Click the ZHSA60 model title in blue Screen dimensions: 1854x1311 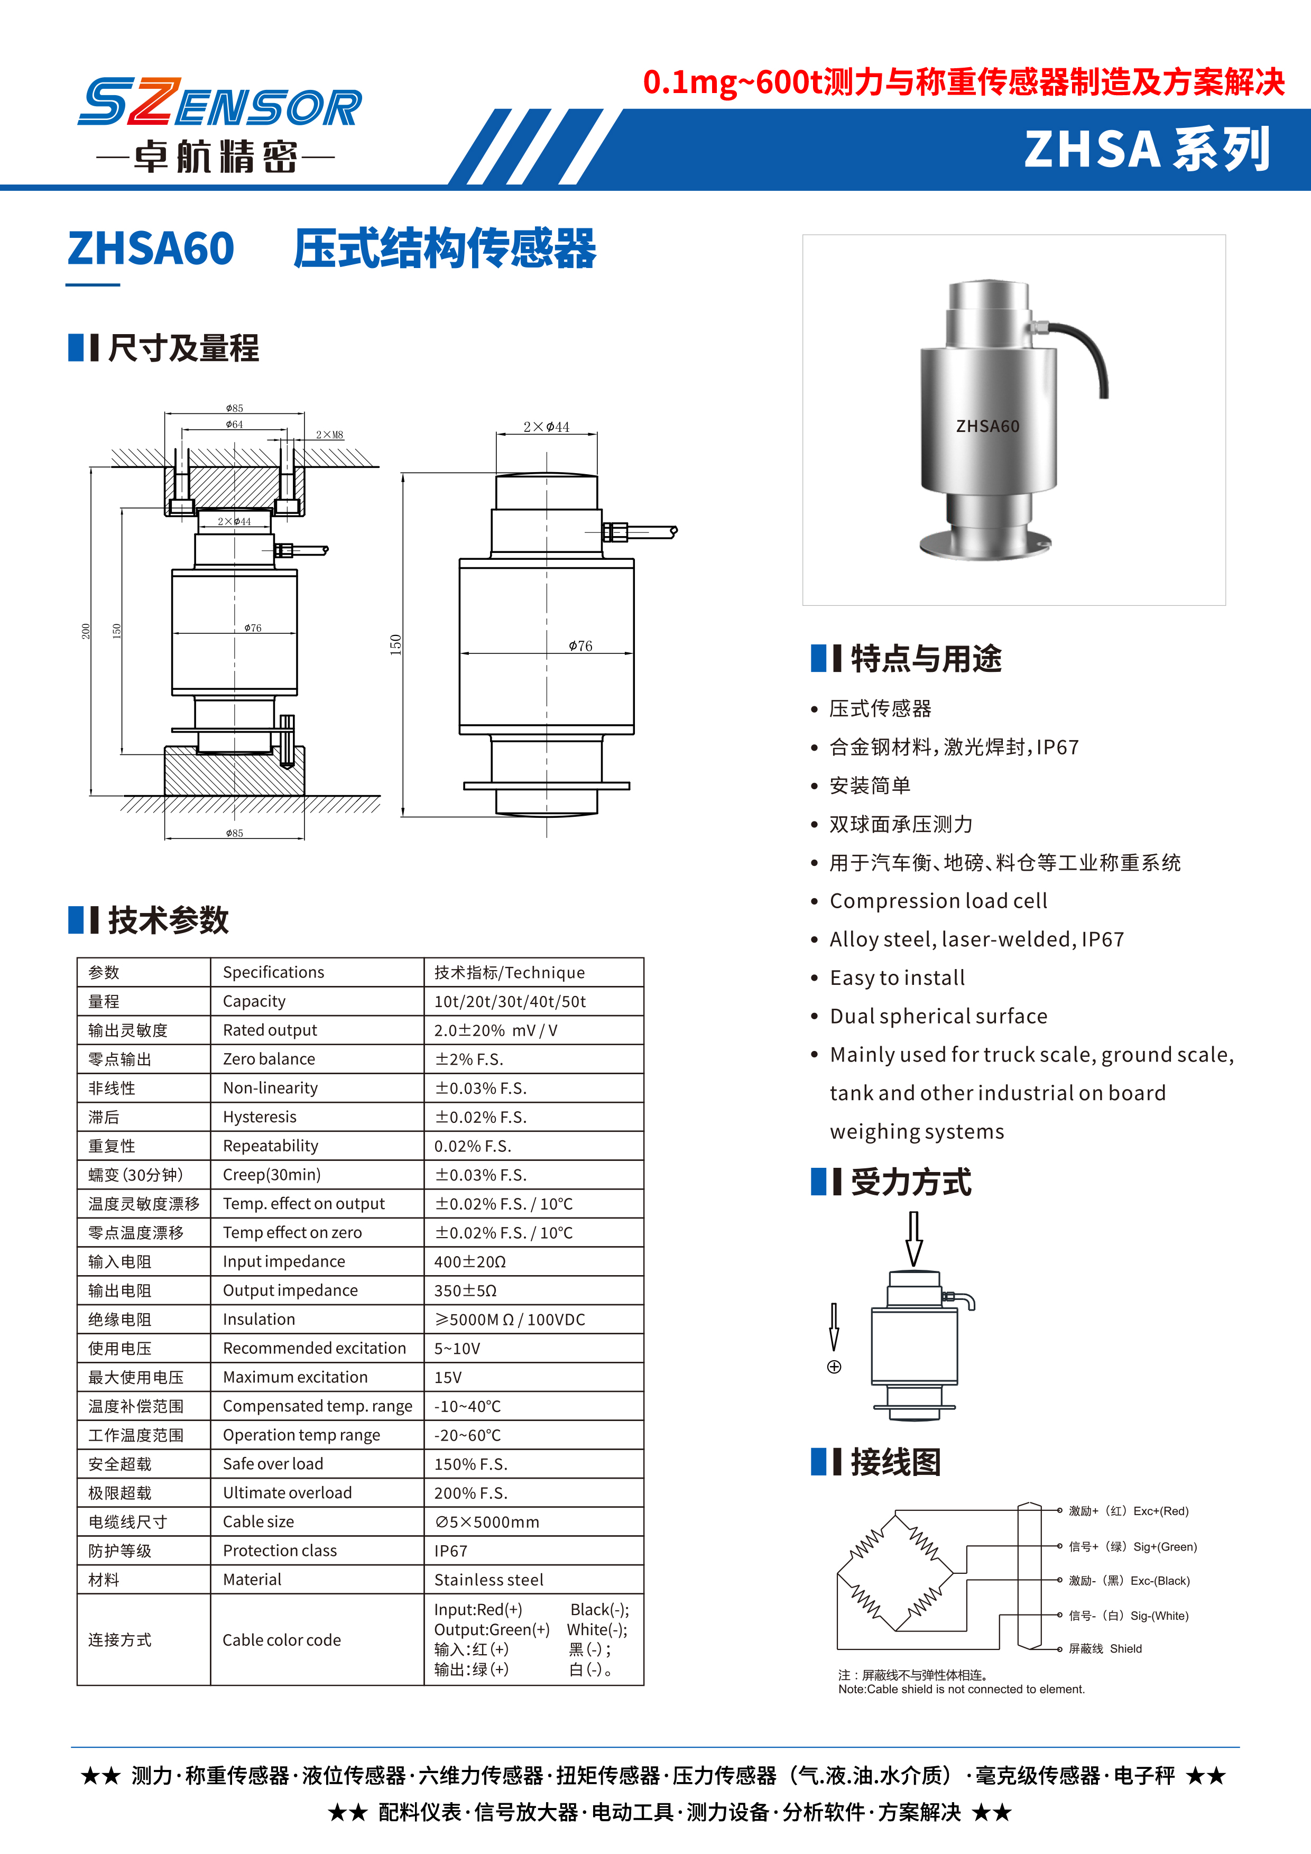151,248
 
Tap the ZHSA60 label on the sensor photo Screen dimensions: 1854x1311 987,426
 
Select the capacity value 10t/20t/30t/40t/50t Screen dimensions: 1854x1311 510,1001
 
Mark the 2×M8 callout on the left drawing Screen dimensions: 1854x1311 329,435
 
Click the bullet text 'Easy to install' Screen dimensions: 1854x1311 897,978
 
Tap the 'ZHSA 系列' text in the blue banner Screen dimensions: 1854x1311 1146,150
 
